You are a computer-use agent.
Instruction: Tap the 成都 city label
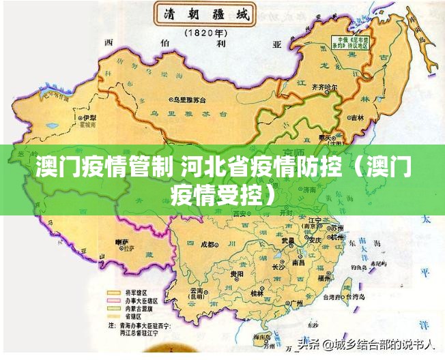pyautogui.click(x=210, y=243)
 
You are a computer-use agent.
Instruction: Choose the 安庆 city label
pyautogui.click(x=315, y=240)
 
